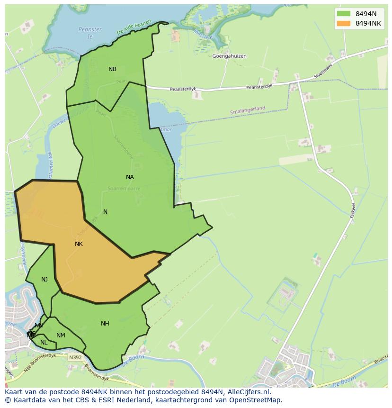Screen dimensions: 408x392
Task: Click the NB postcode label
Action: pos(112,69)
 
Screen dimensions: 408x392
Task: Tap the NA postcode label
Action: pos(130,177)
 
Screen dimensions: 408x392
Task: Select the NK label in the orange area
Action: pos(79,244)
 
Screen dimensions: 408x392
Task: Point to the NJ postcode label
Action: pos(45,280)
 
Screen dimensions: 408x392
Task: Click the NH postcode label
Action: pos(105,324)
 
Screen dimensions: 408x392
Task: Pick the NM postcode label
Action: pos(61,335)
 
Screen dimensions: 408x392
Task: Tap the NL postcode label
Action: pos(44,343)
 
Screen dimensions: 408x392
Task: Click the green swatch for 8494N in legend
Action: pos(343,14)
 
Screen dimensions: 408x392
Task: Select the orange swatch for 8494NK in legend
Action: pos(343,23)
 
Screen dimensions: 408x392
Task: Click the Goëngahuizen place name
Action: pos(230,56)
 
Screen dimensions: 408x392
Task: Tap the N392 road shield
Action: pos(74,357)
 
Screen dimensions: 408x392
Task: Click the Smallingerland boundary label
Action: pos(248,110)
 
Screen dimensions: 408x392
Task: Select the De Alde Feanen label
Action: pos(134,27)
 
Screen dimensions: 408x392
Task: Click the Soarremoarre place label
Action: pos(124,188)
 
